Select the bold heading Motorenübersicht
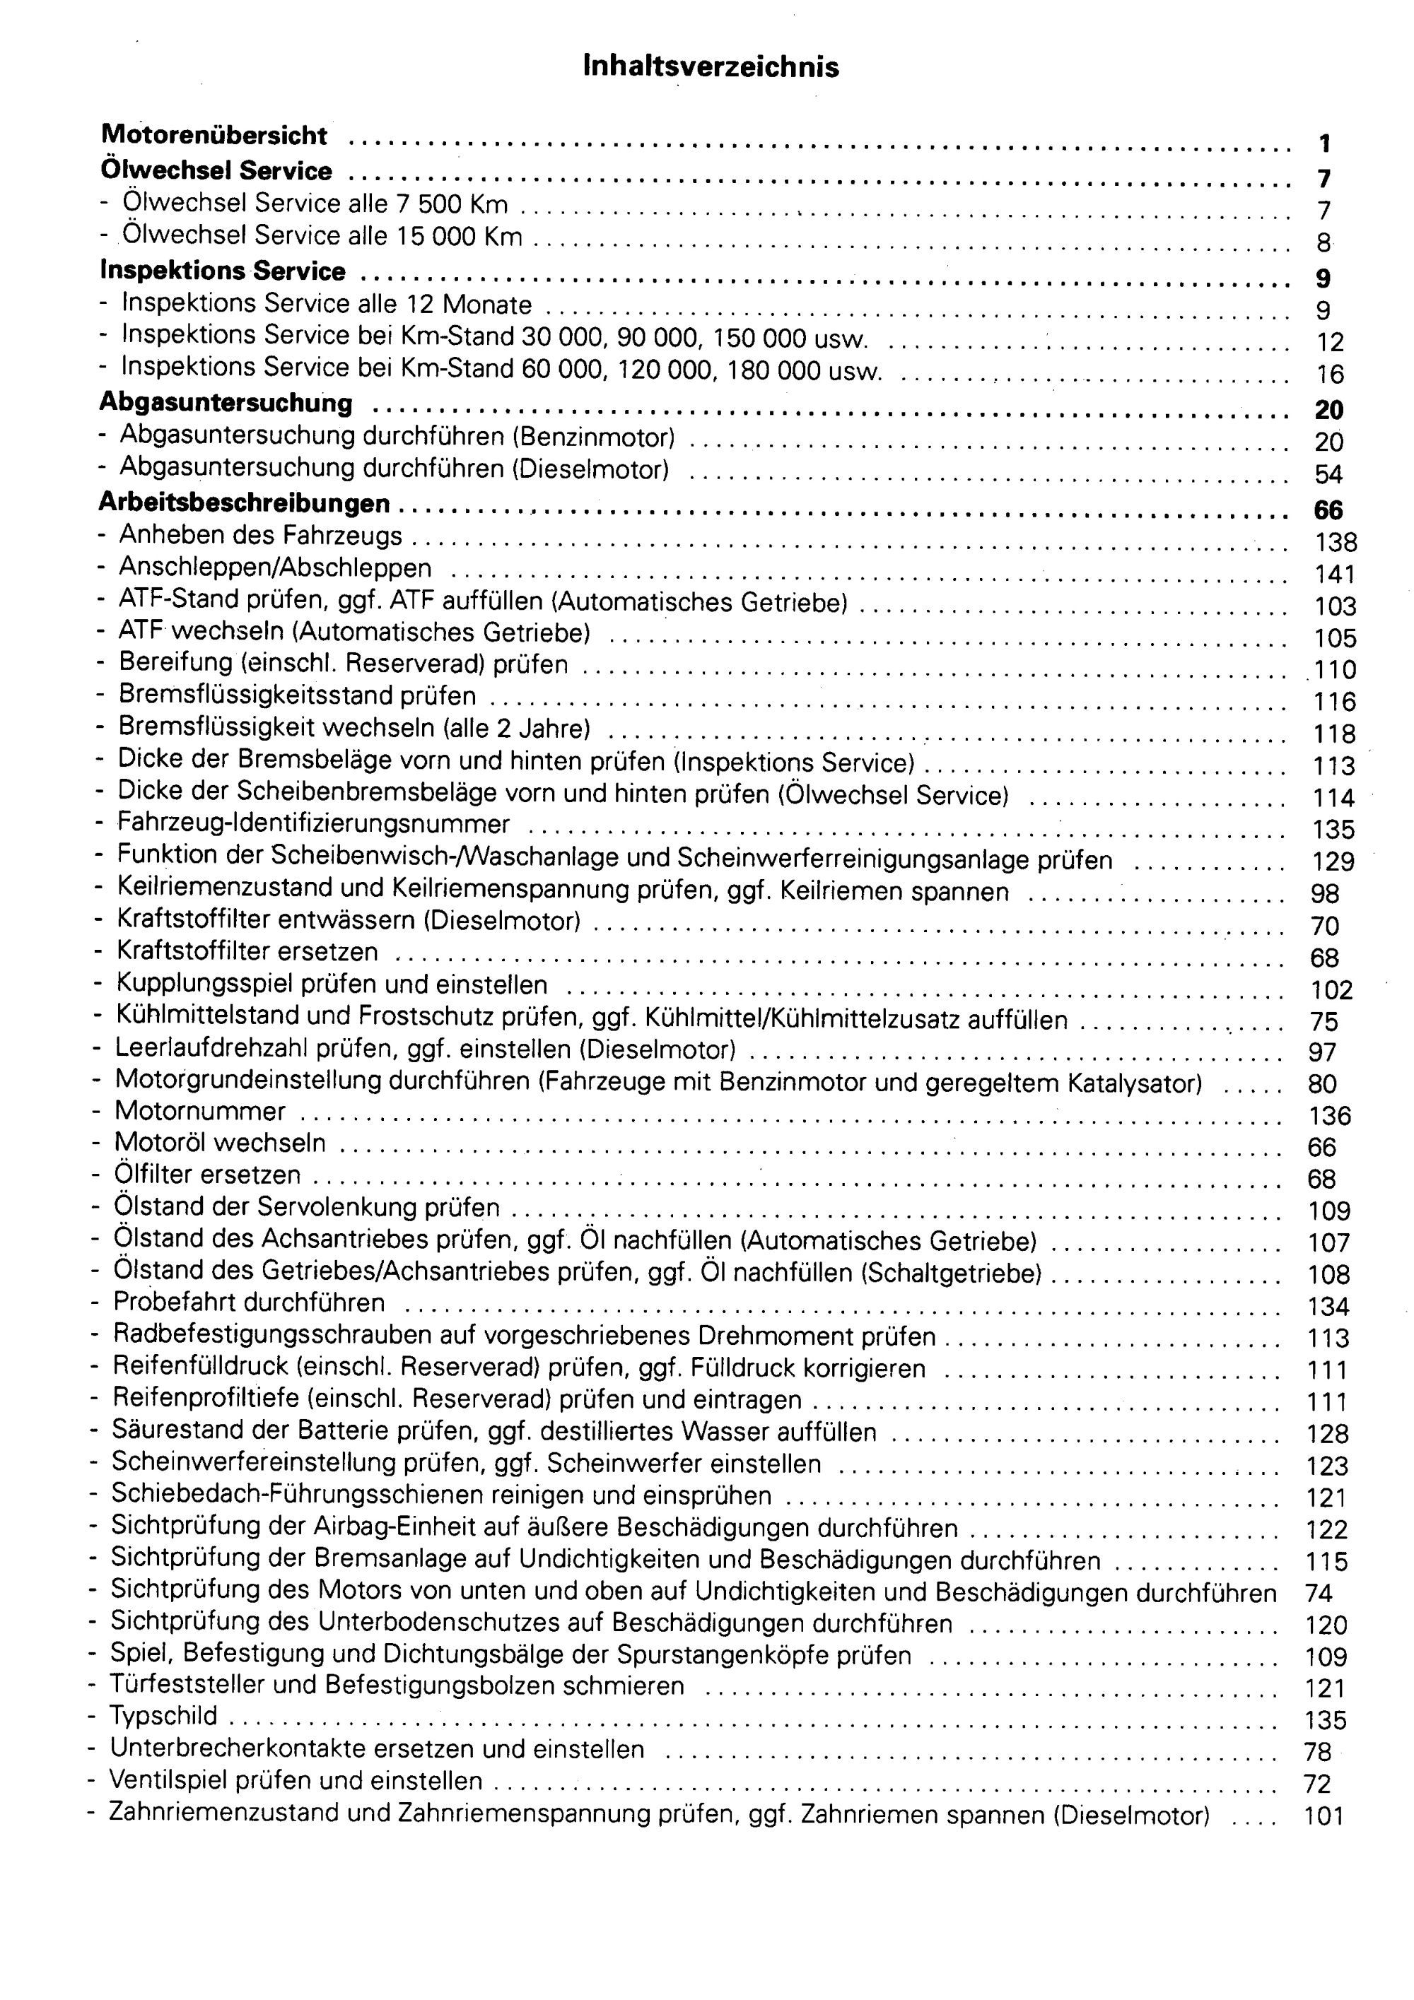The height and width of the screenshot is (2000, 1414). pos(214,135)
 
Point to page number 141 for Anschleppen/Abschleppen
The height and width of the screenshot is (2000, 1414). pos(1335,573)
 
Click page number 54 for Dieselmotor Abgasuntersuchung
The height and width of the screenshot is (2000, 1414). pos(1328,474)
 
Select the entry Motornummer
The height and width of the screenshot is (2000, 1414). pos(199,1112)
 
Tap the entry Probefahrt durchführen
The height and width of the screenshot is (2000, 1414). pos(249,1302)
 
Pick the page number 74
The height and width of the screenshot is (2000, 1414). pos(1319,1593)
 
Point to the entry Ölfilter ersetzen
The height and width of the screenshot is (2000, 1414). pos(206,1175)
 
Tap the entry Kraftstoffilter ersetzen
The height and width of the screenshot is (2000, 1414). pos(247,951)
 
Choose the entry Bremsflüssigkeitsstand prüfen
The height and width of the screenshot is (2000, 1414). pos(297,696)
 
